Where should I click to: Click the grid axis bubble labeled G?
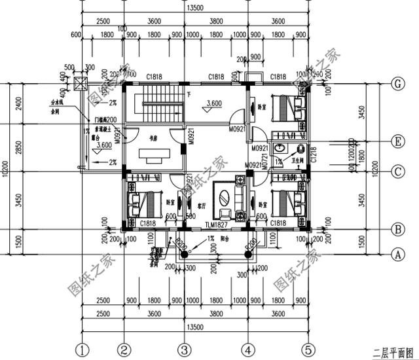coord(396,84)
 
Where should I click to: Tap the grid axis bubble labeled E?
coord(396,141)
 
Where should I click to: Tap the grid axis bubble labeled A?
coord(396,253)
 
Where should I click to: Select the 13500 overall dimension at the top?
coord(194,9)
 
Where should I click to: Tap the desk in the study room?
coord(155,158)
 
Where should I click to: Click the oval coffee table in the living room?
coord(224,198)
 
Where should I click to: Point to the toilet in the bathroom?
coord(302,150)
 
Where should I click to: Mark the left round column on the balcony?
coord(184,253)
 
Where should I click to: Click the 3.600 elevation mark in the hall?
coord(213,103)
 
